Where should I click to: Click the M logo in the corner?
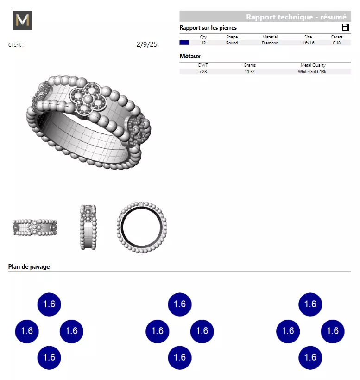pyautogui.click(x=22, y=20)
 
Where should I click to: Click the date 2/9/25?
pyautogui.click(x=147, y=45)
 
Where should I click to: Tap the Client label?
pyautogui.click(x=16, y=45)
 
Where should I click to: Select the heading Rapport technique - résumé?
pyautogui.click(x=296, y=17)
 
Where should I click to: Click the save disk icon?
pyautogui.click(x=345, y=28)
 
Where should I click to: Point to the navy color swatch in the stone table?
pyautogui.click(x=184, y=43)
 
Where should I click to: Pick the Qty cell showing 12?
pyautogui.click(x=203, y=43)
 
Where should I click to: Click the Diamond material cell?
pyautogui.click(x=270, y=43)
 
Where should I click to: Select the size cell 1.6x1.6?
pyautogui.click(x=308, y=43)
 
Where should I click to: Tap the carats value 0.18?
pyautogui.click(x=336, y=43)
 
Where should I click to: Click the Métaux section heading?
pyautogui.click(x=190, y=57)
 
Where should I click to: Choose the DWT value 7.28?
pyautogui.click(x=203, y=71)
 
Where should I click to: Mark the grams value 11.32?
pyautogui.click(x=249, y=71)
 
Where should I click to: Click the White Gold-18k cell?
pyautogui.click(x=313, y=71)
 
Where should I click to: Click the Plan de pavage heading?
pyautogui.click(x=29, y=266)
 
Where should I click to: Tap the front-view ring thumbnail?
pyautogui.click(x=35, y=228)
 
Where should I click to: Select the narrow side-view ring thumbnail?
pyautogui.click(x=88, y=228)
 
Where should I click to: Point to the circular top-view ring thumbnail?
pyautogui.click(x=141, y=227)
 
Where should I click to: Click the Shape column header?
pyautogui.click(x=232, y=37)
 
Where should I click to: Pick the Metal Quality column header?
pyautogui.click(x=313, y=65)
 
